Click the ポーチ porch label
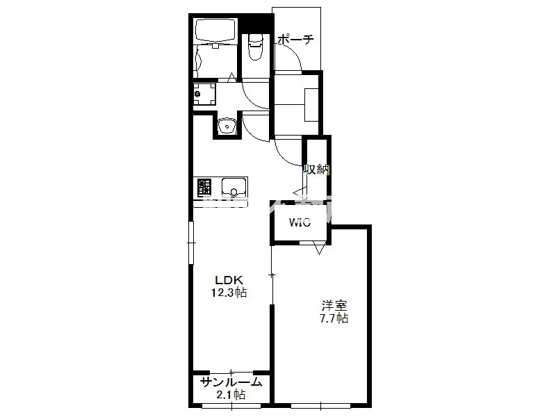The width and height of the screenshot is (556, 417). pos(295,39)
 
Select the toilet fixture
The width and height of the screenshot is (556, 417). pos(255,47)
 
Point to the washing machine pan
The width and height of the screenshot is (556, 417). pos(204,94)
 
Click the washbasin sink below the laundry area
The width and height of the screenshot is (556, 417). pos(227,126)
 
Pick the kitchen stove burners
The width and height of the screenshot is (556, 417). pos(204,187)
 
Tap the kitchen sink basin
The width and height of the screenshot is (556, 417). pos(234,187)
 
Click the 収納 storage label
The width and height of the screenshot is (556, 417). pos(316,170)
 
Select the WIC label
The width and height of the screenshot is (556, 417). pos(300,222)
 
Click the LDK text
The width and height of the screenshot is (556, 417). pos(229,280)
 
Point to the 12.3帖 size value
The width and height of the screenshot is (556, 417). pos(229,293)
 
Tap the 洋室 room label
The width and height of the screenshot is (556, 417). pos(334,305)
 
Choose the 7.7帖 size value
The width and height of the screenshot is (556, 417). pos(334,318)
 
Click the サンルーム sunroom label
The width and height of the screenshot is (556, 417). pos(231,382)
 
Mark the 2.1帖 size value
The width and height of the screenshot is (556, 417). pos(231,395)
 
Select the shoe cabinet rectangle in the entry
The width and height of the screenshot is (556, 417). pos(311,105)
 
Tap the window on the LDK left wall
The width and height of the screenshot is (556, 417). pos(192,243)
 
